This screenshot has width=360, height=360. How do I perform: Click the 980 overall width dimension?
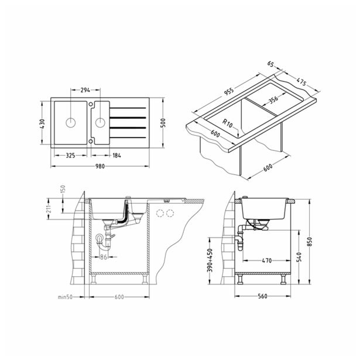tap(100, 166)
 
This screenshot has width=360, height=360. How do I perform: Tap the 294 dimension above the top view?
tap(85, 90)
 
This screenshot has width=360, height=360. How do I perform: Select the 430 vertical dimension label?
tap(42, 124)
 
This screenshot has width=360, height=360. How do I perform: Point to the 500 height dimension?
tap(163, 123)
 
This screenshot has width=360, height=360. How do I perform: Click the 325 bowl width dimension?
tap(70, 156)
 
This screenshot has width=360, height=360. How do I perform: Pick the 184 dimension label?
tap(116, 156)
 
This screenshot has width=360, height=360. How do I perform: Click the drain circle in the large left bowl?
tap(70, 122)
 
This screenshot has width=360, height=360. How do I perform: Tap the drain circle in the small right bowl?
tap(100, 122)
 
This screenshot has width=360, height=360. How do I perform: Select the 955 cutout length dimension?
tap(229, 91)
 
